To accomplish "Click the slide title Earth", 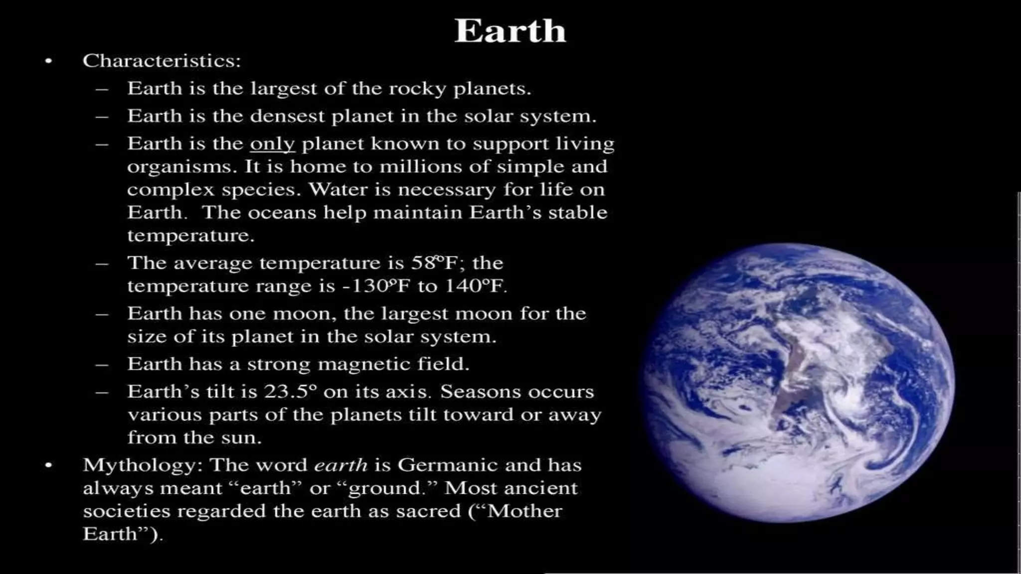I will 510,31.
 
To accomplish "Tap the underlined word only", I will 272,144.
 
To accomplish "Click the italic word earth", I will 341,465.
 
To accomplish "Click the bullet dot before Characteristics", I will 48,61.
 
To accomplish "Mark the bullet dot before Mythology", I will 48,466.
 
